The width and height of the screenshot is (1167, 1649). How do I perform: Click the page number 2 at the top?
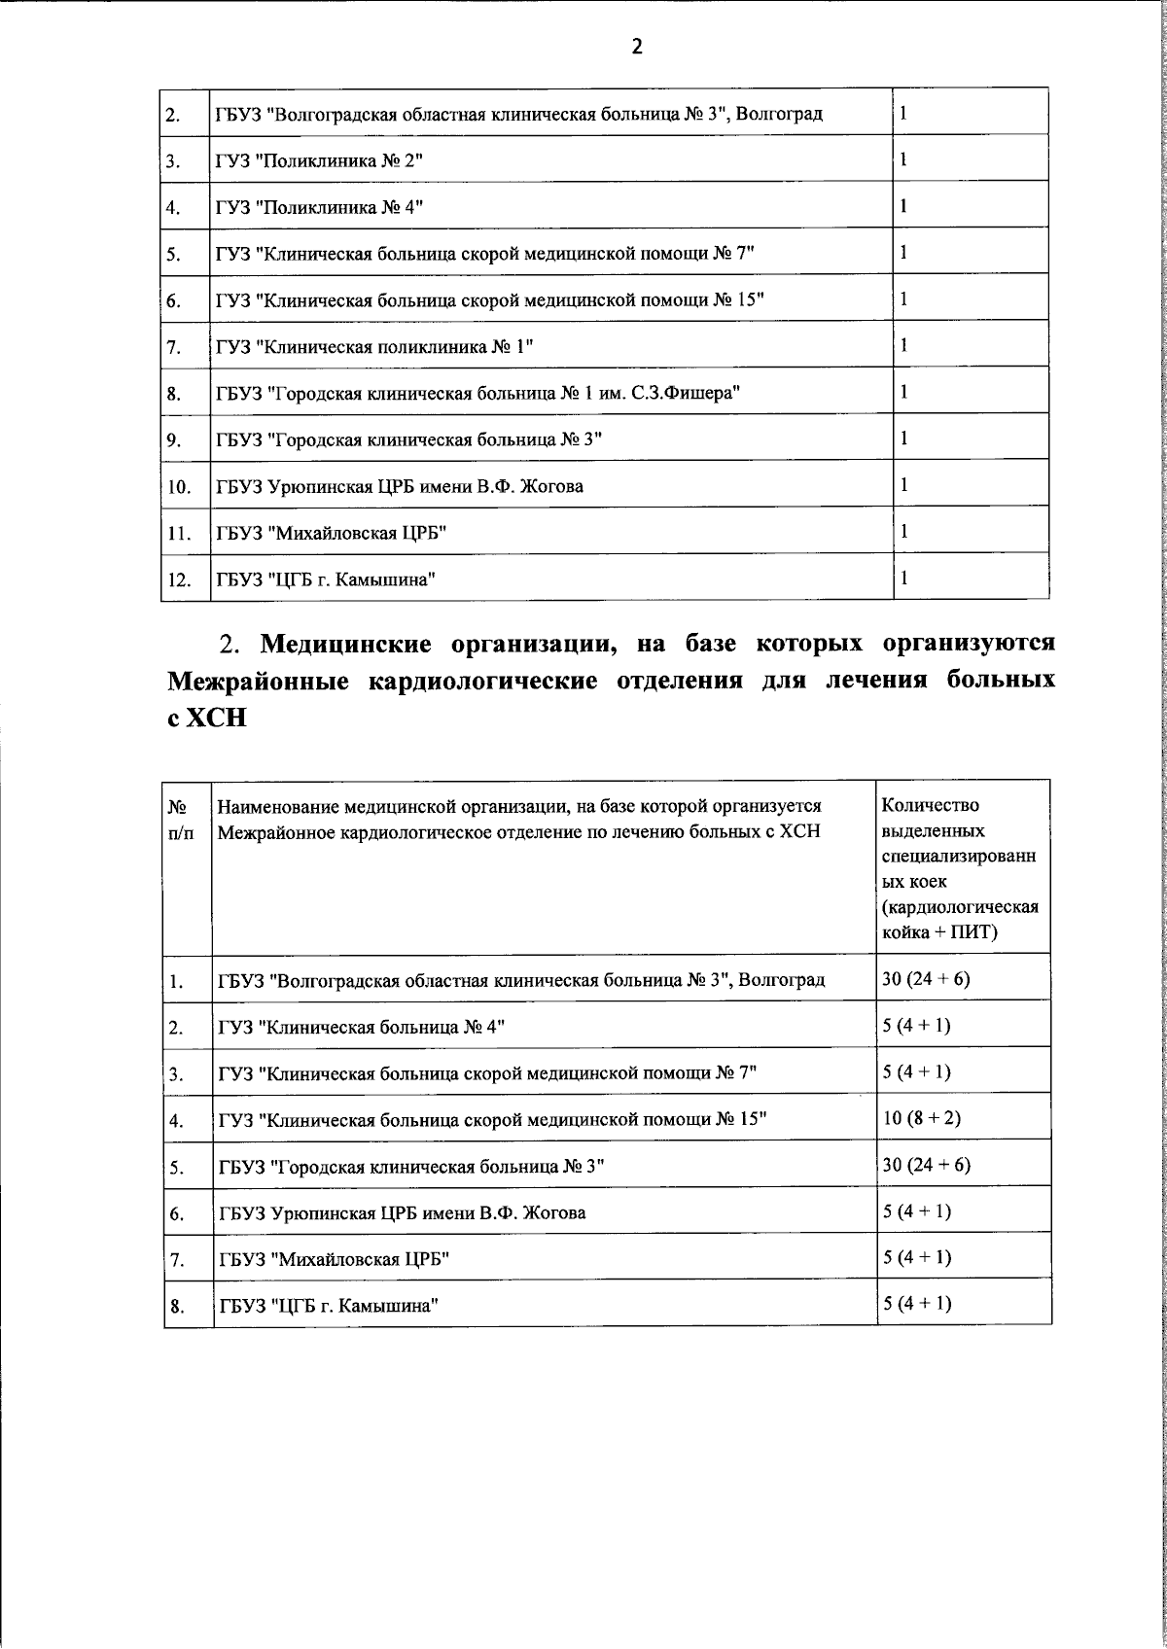coord(637,46)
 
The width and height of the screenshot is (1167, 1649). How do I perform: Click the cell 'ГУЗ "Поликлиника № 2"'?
coord(320,160)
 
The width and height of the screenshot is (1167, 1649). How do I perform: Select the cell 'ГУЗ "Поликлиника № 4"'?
coord(320,207)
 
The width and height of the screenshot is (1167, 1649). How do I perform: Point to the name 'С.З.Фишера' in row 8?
coord(695,393)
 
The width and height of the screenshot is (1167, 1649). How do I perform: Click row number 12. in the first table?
coord(178,580)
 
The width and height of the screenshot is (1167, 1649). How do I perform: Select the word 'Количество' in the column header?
coord(929,806)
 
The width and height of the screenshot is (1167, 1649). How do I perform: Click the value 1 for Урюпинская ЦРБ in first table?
coord(904,483)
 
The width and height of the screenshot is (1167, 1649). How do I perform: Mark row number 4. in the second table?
coord(177,1120)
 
